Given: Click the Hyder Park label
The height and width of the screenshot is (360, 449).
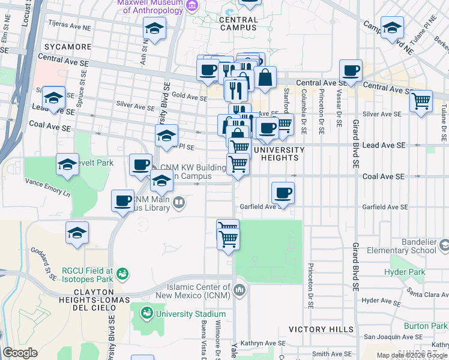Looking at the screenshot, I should pyautogui.click(x=408, y=272).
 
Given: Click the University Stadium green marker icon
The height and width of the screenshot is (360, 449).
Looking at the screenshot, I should pyautogui.click(x=146, y=313).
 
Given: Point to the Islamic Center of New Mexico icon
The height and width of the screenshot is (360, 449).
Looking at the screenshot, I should pyautogui.click(x=240, y=291).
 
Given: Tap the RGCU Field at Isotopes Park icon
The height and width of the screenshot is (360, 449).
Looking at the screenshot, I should pyautogui.click(x=123, y=274).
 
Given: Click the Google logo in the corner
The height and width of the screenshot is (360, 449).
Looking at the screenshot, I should pyautogui.click(x=20, y=353).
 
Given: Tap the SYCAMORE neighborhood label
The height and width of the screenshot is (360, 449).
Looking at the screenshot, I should pyautogui.click(x=67, y=46).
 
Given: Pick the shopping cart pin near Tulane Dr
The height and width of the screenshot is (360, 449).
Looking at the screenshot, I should pyautogui.click(x=421, y=101).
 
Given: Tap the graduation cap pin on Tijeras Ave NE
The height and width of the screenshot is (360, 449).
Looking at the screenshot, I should pyautogui.click(x=155, y=29).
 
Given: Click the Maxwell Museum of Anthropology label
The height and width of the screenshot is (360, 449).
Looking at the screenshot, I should pyautogui.click(x=150, y=6).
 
